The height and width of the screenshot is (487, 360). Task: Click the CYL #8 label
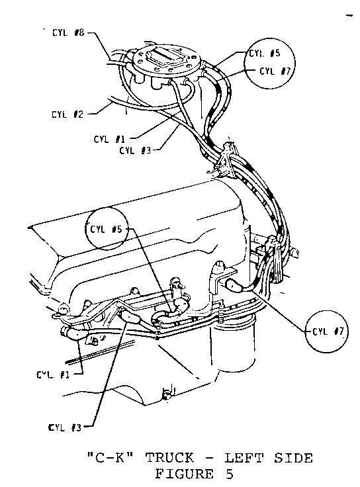point(68,32)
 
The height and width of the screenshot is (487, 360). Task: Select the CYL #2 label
point(67,114)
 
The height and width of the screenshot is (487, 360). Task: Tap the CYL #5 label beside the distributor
point(265,53)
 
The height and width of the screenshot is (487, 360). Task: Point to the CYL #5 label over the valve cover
point(106,230)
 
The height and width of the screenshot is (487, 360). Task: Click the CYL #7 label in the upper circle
point(275,71)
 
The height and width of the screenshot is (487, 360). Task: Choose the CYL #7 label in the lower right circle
point(328,332)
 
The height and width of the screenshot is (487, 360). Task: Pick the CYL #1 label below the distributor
point(109,139)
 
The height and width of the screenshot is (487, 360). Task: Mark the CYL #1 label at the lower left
point(52,375)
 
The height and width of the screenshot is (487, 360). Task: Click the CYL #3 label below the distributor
point(135,151)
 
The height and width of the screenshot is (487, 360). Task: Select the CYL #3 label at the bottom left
point(65,427)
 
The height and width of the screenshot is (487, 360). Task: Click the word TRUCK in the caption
point(169,458)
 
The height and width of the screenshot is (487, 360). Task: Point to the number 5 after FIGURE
point(228,474)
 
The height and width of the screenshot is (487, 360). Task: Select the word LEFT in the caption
point(244,458)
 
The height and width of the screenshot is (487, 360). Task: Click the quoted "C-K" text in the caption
point(111,458)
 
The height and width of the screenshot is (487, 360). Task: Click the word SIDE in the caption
point(293,458)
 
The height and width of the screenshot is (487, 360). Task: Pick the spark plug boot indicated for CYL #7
point(236,285)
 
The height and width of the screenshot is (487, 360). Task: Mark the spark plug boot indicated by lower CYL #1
point(74,333)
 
